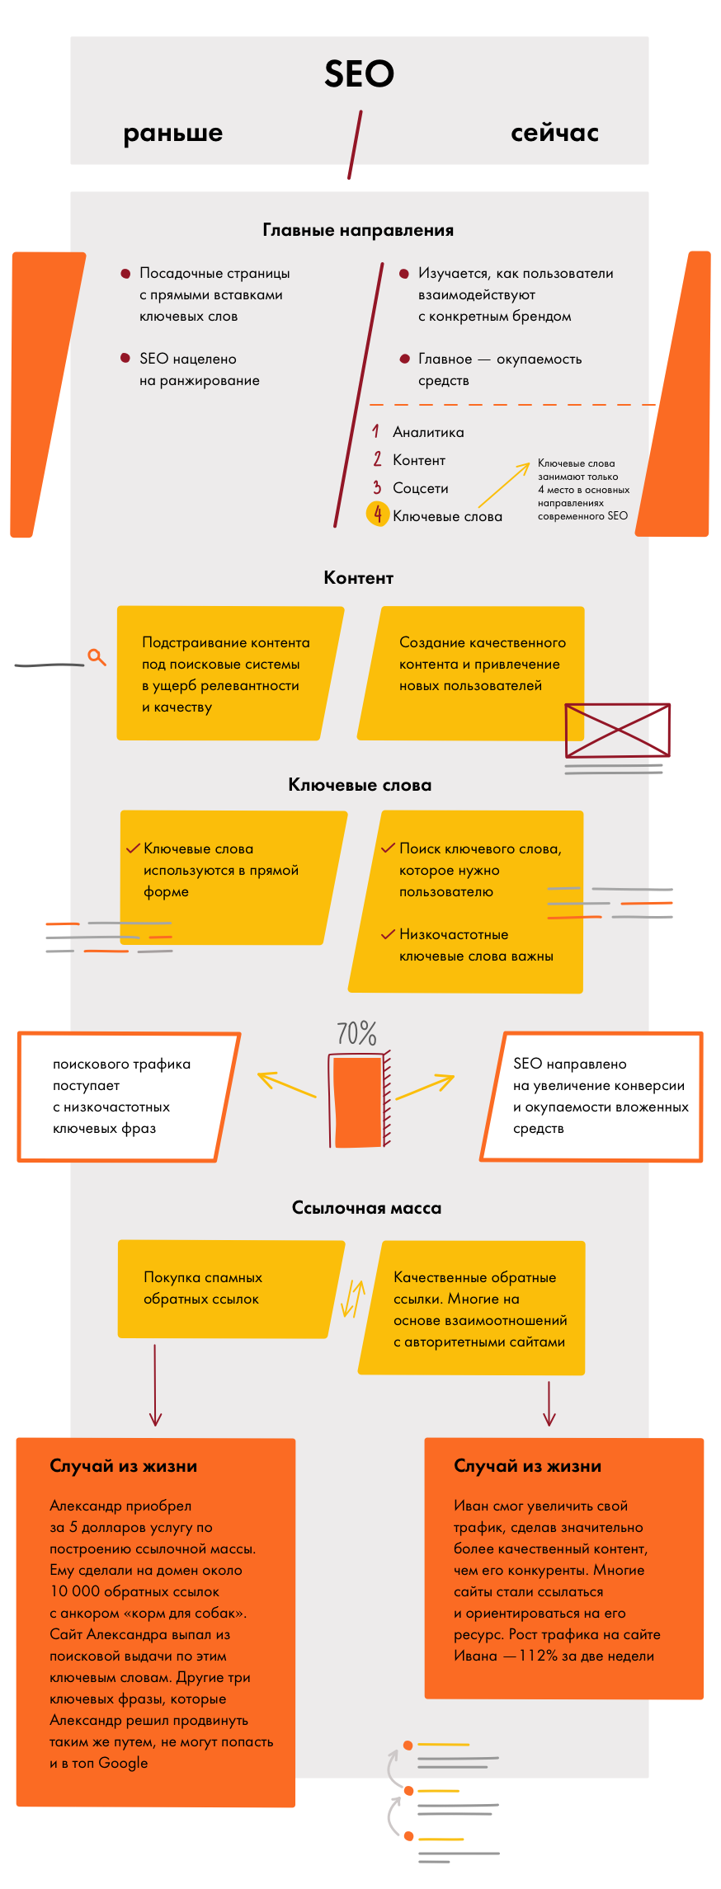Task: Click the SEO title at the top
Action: [x=359, y=74]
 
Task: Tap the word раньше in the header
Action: [x=173, y=133]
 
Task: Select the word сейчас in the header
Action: [x=554, y=133]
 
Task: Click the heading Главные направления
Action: [x=358, y=230]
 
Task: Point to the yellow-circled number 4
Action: [x=377, y=515]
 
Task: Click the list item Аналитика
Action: [x=428, y=432]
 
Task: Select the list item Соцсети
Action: [x=421, y=488]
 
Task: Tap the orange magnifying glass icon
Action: [x=97, y=657]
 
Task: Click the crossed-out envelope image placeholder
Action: [x=617, y=731]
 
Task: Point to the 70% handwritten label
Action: [x=356, y=1033]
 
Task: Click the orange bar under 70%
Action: [x=358, y=1102]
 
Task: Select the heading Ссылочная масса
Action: [x=366, y=1208]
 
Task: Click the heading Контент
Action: [x=358, y=578]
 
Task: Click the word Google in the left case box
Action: [x=123, y=1763]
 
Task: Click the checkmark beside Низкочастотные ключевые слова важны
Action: [x=388, y=934]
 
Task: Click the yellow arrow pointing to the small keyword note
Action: [x=503, y=485]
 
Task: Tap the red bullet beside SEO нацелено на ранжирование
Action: [x=125, y=358]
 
